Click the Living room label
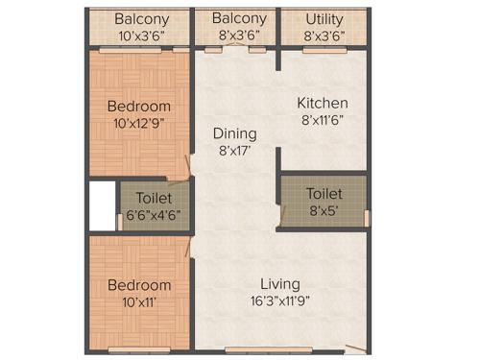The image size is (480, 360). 279,284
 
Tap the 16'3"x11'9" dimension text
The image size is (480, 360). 279,300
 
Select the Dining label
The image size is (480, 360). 233,134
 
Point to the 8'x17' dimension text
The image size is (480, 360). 233,151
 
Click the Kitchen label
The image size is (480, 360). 322,104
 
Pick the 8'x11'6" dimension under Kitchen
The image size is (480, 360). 322,120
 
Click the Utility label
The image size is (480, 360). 324,19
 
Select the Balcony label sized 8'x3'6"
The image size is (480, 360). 239,19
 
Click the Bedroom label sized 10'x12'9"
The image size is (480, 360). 139,106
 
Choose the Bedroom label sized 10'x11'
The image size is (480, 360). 139,285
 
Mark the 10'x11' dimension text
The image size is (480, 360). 139,301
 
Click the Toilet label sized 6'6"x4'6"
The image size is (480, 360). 154,199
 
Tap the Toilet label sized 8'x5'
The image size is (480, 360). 323,193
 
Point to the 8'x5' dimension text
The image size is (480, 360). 323,209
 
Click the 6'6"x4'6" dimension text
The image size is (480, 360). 154,215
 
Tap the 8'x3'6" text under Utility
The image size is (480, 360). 324,36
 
